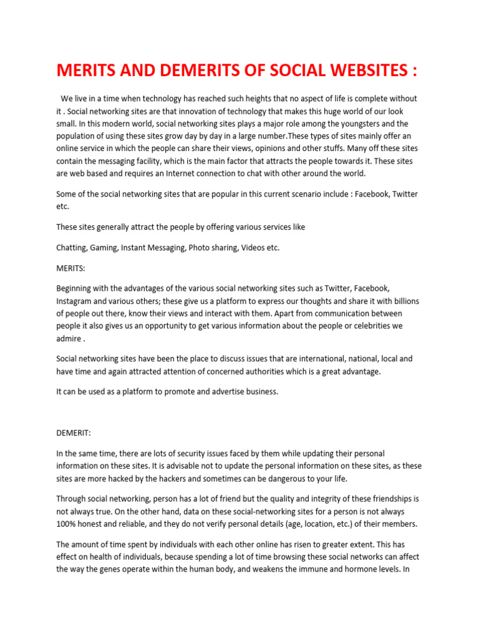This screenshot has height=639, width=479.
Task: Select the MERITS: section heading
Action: tap(72, 268)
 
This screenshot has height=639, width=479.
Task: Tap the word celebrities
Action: tap(365, 326)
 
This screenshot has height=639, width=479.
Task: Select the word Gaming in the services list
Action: tap(104, 248)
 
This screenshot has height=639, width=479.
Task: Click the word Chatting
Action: tap(72, 248)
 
